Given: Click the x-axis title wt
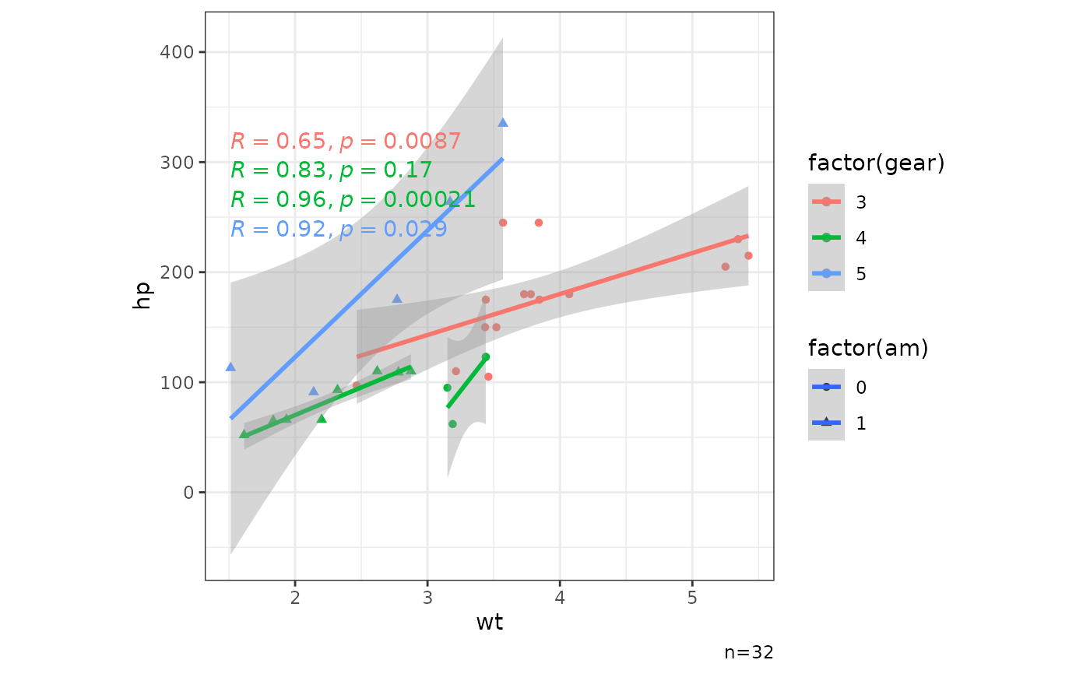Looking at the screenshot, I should point(489,623).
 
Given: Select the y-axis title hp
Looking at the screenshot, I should point(142,295).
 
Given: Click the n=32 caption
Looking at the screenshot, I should point(748,652).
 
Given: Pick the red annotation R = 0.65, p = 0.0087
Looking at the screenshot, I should point(346,142).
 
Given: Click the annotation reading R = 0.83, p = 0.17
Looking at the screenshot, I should point(331,170).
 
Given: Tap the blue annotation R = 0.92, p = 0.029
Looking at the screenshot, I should point(339,229).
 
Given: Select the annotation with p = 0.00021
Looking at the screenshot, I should point(353,200).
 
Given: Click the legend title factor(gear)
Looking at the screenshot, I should point(876,163).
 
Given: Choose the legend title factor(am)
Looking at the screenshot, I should point(868,349).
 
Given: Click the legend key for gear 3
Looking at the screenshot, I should point(826,202).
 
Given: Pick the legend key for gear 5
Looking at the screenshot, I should point(826,273).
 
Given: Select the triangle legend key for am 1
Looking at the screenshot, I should point(826,423).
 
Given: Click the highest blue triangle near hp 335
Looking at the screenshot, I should point(503,122).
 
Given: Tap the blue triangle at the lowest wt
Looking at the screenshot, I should point(230,367).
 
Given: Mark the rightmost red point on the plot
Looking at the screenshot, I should point(748,255).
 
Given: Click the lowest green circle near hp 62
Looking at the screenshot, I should point(452,424).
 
